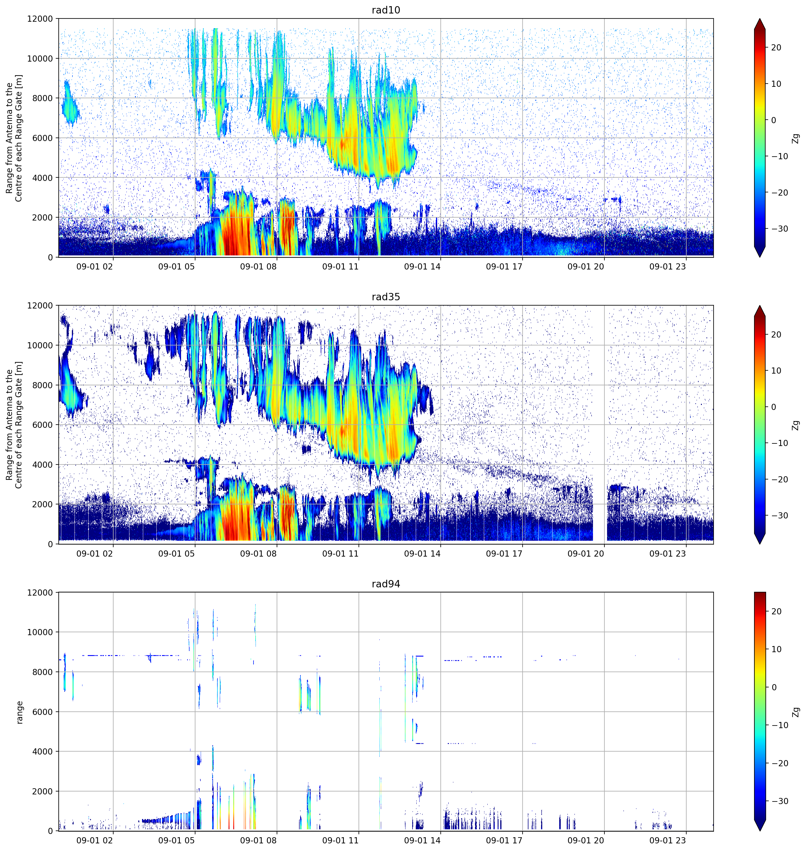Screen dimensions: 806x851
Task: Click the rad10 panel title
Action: tap(386, 10)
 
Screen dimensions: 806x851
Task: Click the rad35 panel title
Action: tap(386, 297)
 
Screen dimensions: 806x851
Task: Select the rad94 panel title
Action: tap(386, 584)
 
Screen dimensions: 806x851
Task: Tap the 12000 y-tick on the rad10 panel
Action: tap(40, 19)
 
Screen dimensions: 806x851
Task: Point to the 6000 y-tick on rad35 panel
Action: tap(43, 425)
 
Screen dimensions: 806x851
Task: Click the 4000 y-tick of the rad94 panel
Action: tap(43, 751)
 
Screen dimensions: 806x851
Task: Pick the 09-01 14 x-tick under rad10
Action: tap(422, 267)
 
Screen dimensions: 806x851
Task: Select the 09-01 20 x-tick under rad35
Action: tap(586, 553)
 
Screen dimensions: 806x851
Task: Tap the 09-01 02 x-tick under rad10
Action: tap(94, 267)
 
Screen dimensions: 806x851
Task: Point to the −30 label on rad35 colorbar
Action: tap(778, 516)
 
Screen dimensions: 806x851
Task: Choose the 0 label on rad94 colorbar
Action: tap(774, 687)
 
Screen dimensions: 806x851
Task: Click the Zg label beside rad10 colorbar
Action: tap(796, 138)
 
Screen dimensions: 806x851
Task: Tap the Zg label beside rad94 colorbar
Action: tap(796, 712)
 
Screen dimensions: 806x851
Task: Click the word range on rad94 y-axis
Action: tap(19, 712)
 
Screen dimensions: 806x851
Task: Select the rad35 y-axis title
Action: tap(14, 425)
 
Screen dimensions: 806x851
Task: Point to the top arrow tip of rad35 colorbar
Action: tap(760, 306)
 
